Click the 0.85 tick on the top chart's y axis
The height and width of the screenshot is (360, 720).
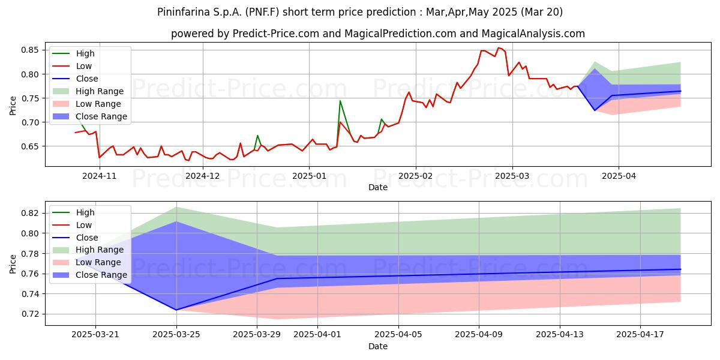click(x=29, y=50)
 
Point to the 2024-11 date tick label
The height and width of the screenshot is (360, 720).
click(x=100, y=176)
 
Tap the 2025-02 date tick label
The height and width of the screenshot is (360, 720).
click(x=416, y=176)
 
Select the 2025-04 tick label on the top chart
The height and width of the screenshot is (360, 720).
click(x=619, y=176)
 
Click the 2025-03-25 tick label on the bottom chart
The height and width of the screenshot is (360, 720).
click(x=176, y=335)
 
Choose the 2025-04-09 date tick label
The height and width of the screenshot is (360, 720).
click(x=479, y=335)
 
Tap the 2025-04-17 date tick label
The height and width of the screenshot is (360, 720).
click(x=640, y=335)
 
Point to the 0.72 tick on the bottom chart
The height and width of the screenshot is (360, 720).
click(x=29, y=314)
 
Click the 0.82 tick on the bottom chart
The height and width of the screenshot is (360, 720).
click(x=29, y=213)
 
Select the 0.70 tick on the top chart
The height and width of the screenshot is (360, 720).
click(x=29, y=122)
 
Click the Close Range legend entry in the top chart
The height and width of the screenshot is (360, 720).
click(x=89, y=116)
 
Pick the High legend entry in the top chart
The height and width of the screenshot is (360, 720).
click(x=73, y=53)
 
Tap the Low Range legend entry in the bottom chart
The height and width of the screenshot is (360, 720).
click(x=86, y=262)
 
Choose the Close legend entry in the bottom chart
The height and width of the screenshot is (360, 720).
click(x=75, y=238)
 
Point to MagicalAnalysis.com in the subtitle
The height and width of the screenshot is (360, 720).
click(x=533, y=34)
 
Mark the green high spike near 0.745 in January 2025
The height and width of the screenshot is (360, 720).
click(x=340, y=101)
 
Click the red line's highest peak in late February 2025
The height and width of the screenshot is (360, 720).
click(x=499, y=48)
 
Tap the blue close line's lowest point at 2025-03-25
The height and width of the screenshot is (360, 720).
click(x=176, y=310)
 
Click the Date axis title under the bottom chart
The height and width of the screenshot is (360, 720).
click(x=377, y=346)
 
